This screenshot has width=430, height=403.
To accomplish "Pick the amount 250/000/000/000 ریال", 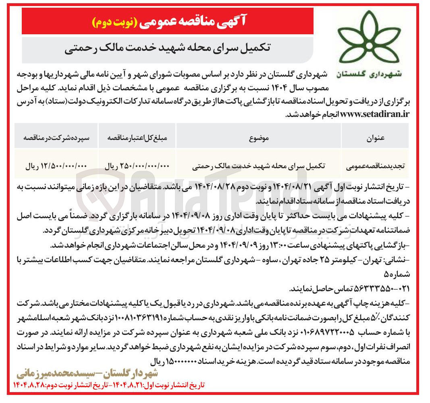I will tap(137, 166).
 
